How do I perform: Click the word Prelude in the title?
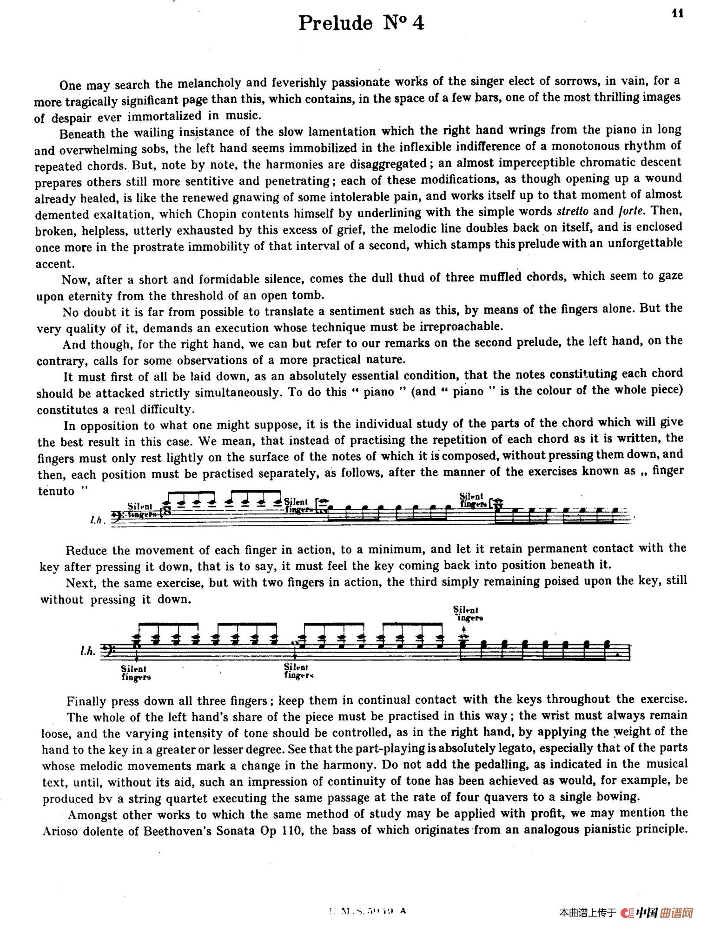(336, 23)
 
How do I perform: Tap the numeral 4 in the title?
(418, 23)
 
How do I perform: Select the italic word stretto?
(572, 212)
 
